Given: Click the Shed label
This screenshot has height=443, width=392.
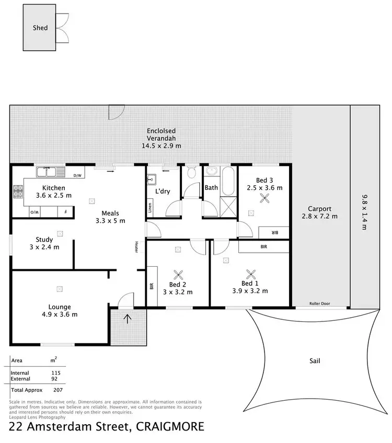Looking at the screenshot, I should point(40,27).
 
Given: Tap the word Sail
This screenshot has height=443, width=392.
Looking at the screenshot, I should point(315,361).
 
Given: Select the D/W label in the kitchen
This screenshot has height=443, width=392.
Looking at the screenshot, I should point(78,176).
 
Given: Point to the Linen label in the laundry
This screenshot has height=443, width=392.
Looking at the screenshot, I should point(150,209).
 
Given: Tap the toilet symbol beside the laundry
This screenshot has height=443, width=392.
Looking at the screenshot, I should point(191,172).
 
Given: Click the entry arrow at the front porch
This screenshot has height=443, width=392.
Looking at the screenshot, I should point(127,318).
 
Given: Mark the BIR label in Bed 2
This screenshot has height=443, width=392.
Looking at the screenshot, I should point(152,286).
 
